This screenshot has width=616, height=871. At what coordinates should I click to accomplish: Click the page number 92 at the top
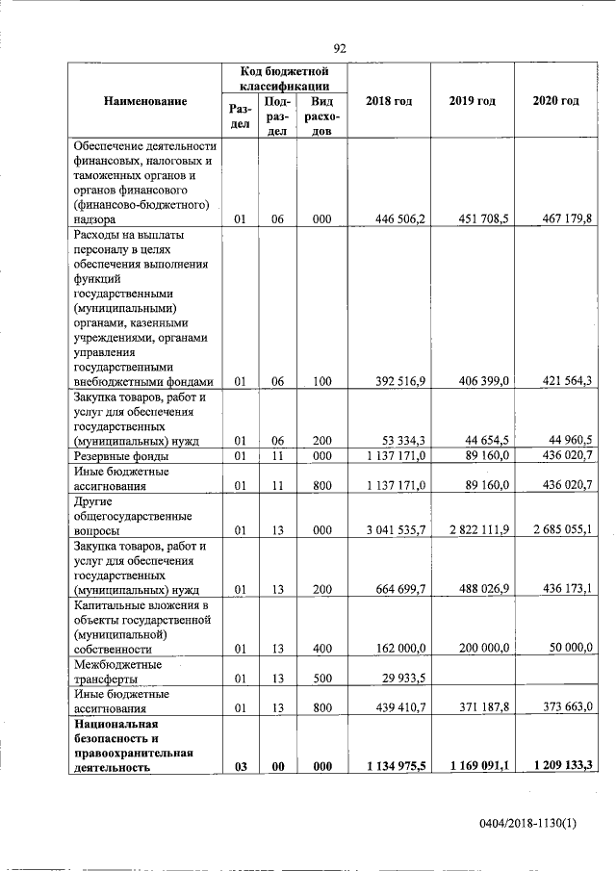click(339, 49)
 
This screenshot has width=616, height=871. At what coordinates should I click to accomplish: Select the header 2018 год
click(389, 101)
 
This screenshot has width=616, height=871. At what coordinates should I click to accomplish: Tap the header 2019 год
click(472, 101)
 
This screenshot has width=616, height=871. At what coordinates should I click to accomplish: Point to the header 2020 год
click(555, 101)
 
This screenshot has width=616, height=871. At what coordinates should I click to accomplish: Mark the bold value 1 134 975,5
click(389, 767)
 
